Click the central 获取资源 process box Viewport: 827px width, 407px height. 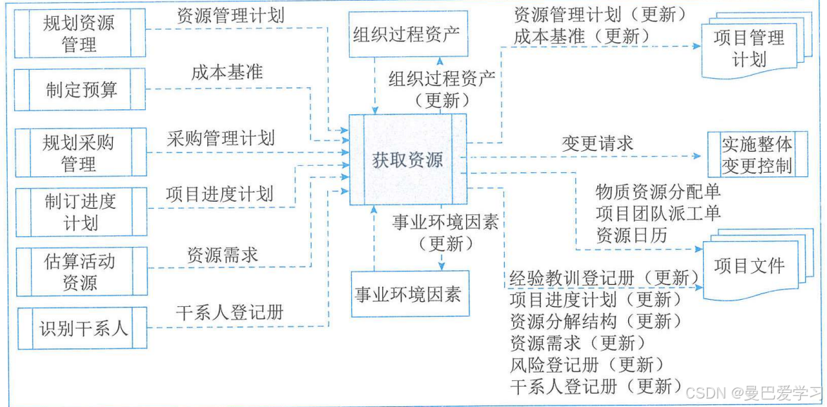408,159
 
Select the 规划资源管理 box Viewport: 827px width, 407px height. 80,34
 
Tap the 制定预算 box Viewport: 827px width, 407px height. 80,90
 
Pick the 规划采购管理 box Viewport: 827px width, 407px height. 80,152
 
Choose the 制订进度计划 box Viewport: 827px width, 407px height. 80,212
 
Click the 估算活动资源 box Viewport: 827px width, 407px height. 80,272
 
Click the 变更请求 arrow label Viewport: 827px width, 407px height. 597,143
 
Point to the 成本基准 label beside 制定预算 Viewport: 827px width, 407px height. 226,72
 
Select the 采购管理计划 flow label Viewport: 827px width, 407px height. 221,138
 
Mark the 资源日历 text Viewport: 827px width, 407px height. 631,235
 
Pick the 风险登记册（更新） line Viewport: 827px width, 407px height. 587,364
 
